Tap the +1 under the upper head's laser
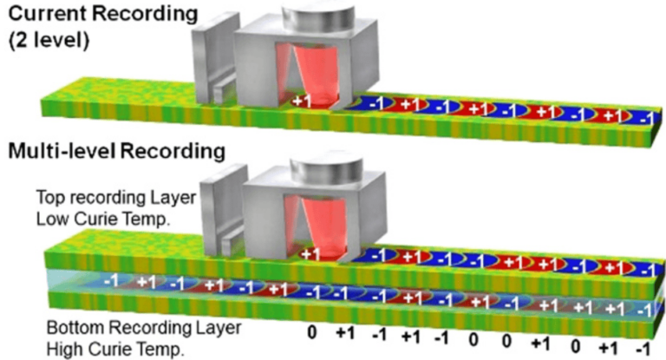[x=301, y=102]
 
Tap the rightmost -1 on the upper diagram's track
[x=643, y=119]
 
